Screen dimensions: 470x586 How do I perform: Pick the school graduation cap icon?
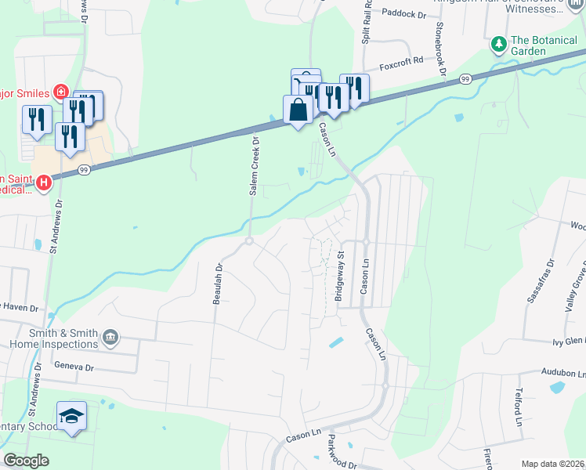point(71,416)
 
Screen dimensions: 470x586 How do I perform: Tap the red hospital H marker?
point(44,183)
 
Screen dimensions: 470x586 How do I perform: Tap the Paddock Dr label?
point(404,13)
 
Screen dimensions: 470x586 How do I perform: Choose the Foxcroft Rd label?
point(401,60)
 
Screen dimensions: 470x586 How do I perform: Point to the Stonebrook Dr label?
point(441,50)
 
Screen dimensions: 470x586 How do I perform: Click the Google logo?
point(26,461)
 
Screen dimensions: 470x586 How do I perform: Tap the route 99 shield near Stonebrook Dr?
point(465,79)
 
